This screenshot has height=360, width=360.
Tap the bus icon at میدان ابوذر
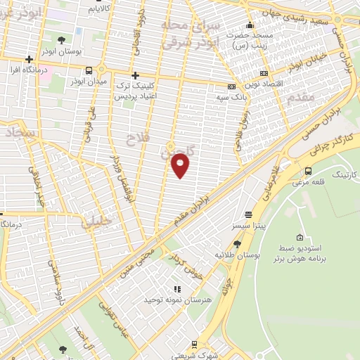[89, 70]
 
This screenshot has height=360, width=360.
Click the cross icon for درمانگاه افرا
[29, 59]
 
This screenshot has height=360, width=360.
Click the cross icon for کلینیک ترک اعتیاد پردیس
[135, 75]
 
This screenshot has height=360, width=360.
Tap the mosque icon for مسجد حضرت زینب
[248, 26]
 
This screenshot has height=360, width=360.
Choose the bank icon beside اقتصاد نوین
[264, 72]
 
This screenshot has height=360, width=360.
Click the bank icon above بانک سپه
[231, 86]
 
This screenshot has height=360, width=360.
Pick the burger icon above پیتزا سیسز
[247, 214]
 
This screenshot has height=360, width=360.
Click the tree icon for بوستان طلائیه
[238, 244]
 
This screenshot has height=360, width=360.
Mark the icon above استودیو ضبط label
[301, 237]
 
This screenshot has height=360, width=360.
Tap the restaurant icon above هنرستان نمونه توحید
[177, 288]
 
